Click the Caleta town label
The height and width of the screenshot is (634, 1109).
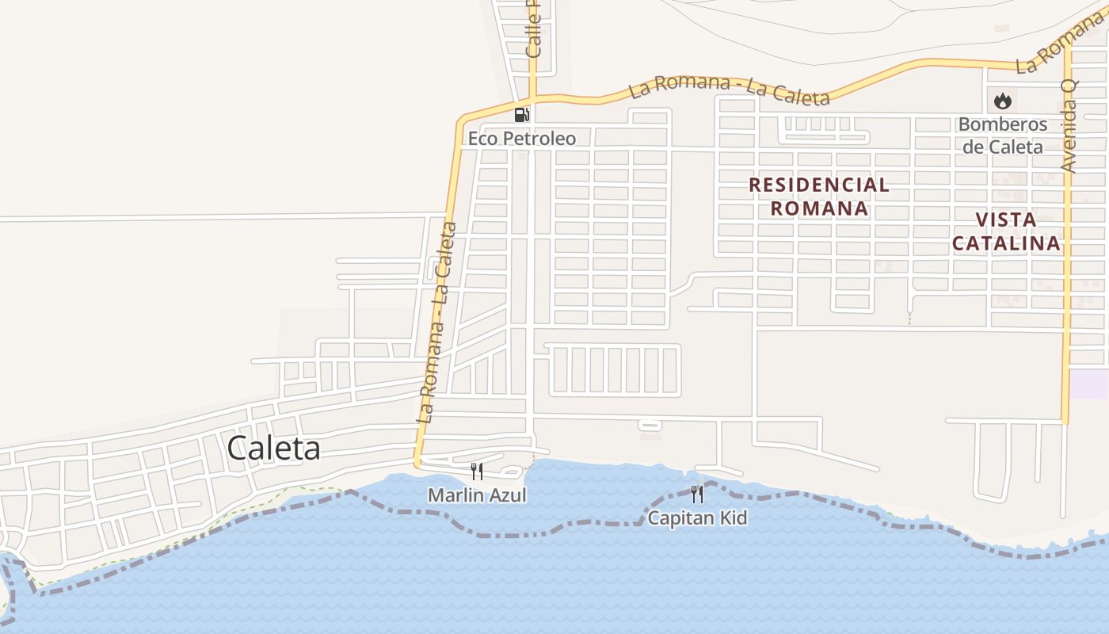click(x=273, y=449)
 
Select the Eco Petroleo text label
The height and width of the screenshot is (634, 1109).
click(x=522, y=139)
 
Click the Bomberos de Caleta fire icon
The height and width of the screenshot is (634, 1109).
click(x=1002, y=101)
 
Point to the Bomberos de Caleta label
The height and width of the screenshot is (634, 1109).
click(x=1002, y=136)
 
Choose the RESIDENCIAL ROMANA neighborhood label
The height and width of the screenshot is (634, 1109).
click(x=819, y=197)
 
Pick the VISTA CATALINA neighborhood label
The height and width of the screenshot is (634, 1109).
click(x=1006, y=231)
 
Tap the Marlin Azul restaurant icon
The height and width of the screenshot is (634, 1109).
click(x=477, y=472)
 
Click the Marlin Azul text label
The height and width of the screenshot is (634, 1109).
click(x=477, y=495)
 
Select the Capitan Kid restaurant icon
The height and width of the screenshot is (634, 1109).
click(x=697, y=495)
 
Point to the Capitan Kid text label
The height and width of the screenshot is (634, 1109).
click(x=697, y=518)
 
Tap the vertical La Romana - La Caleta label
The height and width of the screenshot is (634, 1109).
click(x=437, y=321)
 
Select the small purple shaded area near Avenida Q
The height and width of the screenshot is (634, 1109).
click(x=1089, y=384)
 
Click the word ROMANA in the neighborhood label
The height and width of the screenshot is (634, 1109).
click(x=819, y=208)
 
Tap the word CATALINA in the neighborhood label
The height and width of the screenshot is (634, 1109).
click(x=1006, y=243)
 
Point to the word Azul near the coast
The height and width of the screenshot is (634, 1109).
click(x=507, y=495)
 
